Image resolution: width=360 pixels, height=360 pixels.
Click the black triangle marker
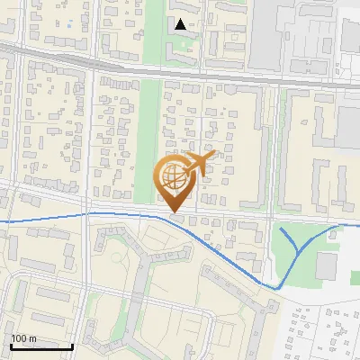181,24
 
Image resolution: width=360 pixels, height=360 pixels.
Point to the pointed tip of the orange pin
176,211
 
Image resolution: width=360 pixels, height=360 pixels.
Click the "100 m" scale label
24,338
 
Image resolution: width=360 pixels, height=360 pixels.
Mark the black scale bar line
41,346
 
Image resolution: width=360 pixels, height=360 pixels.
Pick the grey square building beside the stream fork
326,265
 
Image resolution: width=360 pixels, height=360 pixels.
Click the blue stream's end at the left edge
2,220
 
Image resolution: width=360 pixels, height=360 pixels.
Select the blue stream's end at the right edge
357,225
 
